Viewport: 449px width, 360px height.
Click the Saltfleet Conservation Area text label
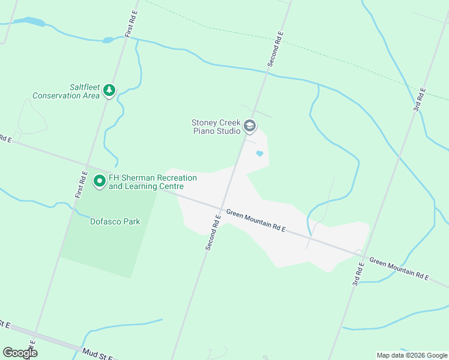pos(66,91)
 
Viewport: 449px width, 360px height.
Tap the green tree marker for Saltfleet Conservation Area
pos(109,90)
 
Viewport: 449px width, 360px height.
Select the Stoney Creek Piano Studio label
pos(216,127)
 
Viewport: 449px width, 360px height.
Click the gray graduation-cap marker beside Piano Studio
pos(250,127)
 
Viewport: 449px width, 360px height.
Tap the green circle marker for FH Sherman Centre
pos(100,181)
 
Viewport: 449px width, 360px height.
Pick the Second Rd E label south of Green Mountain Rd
pos(212,233)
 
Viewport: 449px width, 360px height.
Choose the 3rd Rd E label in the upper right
pos(419,100)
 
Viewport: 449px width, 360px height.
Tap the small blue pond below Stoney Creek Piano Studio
pos(259,154)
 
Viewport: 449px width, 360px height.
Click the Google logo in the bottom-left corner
pos(20,353)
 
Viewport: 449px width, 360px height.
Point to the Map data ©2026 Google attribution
pos(411,355)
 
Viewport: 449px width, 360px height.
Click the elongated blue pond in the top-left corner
pos(30,22)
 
